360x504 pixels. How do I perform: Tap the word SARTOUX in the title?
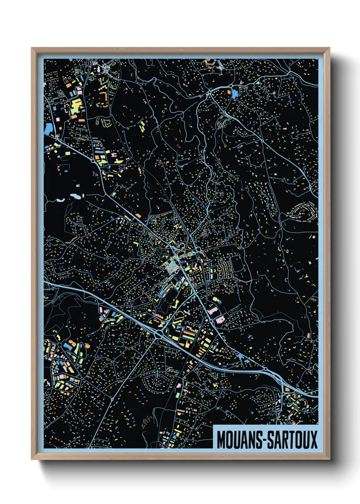292,440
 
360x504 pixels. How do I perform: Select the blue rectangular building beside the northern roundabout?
235,93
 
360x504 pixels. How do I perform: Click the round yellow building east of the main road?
215,299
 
